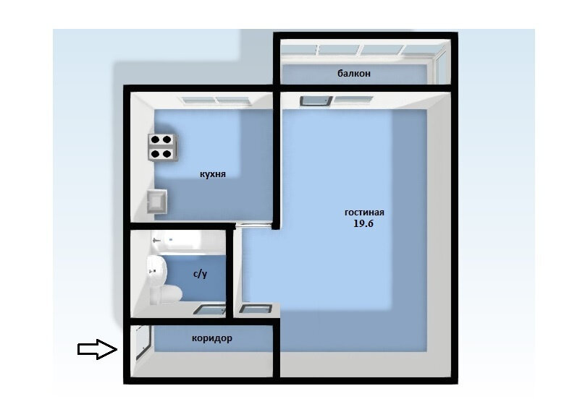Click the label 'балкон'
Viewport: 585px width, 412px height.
pos(354,74)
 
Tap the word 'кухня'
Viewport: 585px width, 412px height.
pos(213,174)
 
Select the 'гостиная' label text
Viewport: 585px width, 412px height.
pos(364,213)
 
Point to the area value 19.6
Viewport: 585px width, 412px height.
pos(363,224)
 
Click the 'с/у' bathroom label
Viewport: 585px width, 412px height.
pos(200,274)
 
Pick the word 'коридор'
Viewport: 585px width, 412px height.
pos(212,338)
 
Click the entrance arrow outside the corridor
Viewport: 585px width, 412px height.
pos(97,349)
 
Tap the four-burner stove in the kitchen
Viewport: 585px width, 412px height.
pos(162,147)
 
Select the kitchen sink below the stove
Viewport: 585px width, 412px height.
pos(156,202)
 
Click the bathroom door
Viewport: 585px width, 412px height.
pos(210,309)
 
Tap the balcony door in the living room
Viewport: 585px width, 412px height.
pos(316,100)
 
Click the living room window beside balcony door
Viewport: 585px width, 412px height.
pos(353,100)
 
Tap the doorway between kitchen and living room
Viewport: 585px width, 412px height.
pos(253,225)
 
